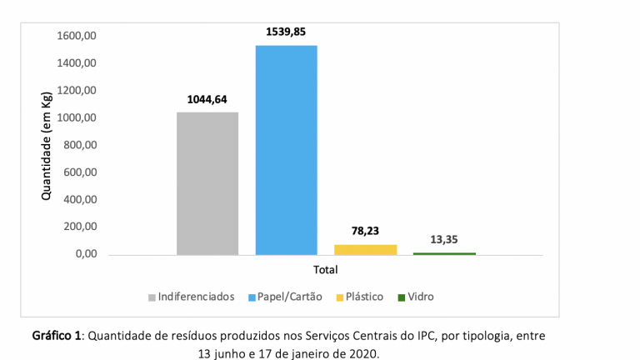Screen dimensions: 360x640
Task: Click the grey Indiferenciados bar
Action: point(207,183)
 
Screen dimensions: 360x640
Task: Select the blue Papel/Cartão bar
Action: point(286,150)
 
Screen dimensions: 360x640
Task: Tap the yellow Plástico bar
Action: point(365,249)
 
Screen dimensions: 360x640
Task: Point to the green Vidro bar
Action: point(444,253)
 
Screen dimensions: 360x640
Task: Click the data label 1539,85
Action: point(286,32)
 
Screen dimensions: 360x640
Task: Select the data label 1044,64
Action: point(207,99)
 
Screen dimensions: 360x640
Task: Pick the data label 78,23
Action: point(365,232)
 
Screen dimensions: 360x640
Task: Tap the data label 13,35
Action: point(444,239)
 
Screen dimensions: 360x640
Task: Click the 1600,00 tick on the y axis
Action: point(77,36)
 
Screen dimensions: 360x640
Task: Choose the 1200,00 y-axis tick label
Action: point(77,91)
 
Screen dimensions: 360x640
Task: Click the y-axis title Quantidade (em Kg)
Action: point(47,146)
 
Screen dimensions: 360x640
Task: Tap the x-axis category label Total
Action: point(325,270)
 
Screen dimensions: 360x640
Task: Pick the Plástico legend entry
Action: point(366,297)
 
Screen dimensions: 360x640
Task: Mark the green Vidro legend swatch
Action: point(402,297)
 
